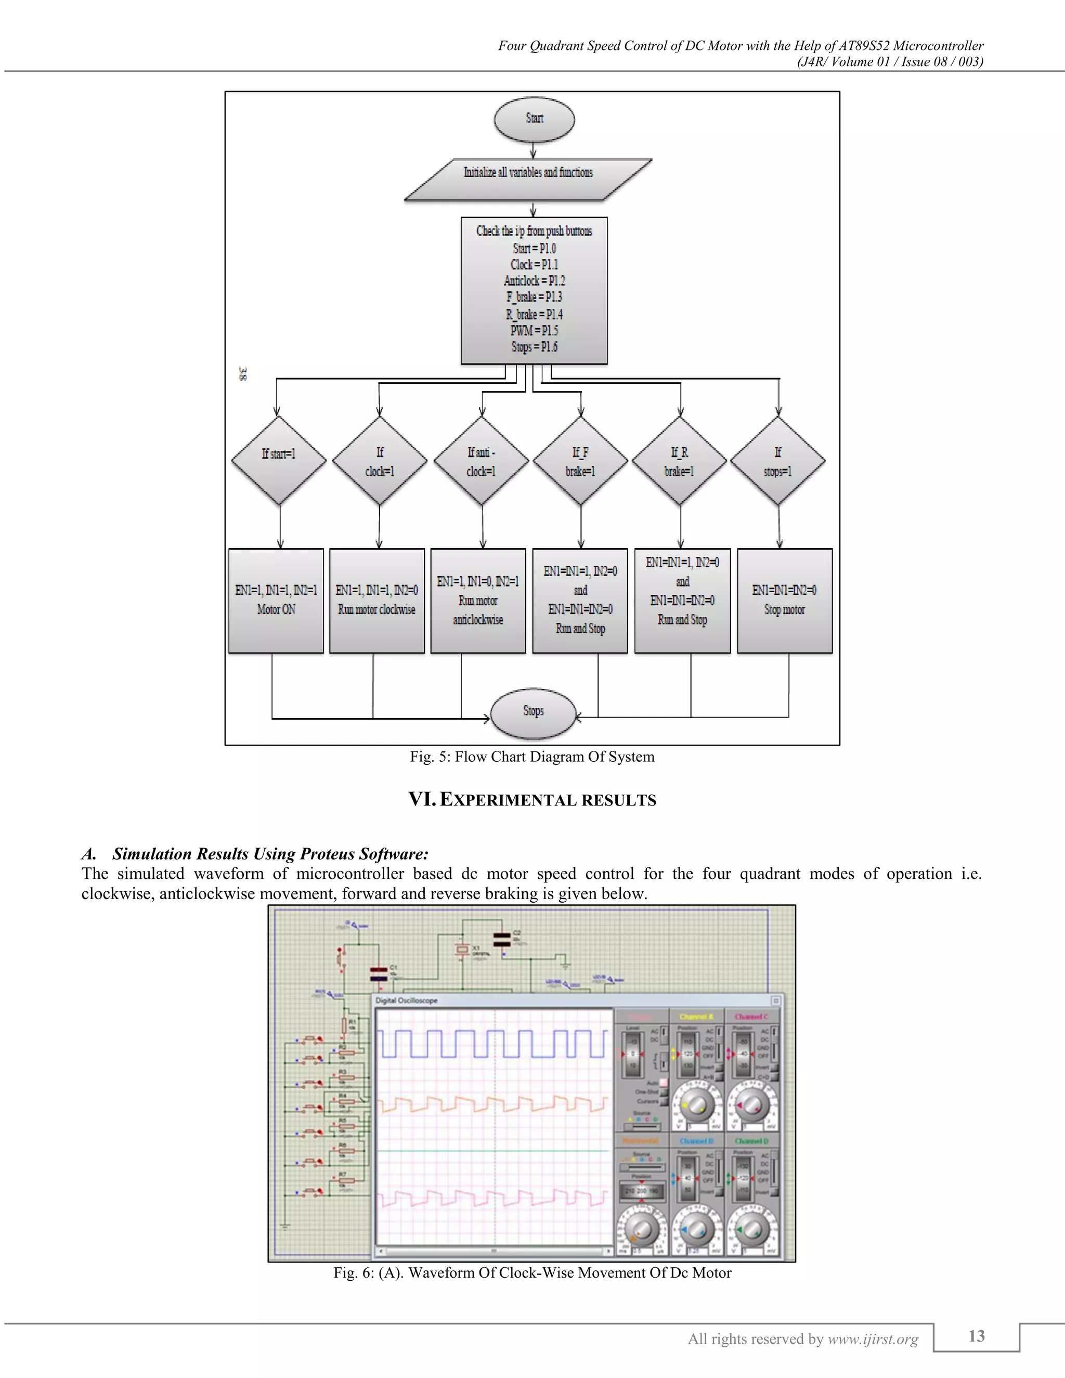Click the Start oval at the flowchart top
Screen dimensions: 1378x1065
click(534, 119)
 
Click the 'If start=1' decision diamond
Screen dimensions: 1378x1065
click(278, 460)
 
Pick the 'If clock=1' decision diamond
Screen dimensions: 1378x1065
click(379, 461)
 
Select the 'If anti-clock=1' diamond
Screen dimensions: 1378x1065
click(481, 461)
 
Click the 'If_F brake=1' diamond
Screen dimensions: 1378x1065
click(580, 461)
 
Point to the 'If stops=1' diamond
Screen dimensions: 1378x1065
click(777, 461)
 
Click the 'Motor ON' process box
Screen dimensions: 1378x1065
click(276, 600)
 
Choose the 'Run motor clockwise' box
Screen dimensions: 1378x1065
click(376, 600)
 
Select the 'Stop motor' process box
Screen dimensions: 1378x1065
click(784, 600)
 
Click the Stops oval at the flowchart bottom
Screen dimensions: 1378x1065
click(533, 712)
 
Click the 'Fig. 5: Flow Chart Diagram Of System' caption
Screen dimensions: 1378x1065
click(532, 757)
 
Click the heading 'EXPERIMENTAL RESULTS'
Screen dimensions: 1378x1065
click(547, 800)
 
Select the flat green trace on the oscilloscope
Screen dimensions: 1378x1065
click(492, 1151)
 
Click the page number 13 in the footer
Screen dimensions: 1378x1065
click(976, 1336)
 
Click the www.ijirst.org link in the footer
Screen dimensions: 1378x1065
click(873, 1339)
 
